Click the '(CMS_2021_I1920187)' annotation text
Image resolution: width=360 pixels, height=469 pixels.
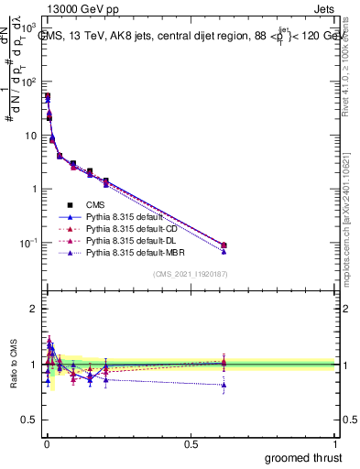pyautogui.click(x=190, y=274)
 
